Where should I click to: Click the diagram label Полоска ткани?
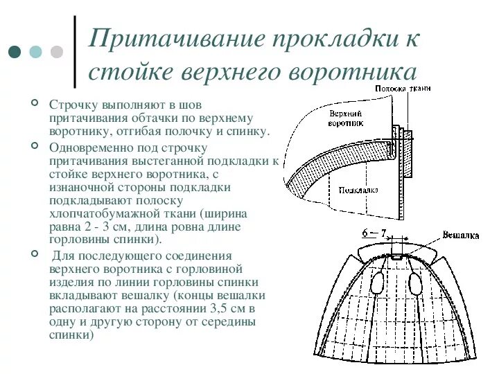click(403, 89)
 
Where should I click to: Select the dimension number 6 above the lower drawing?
click(365, 234)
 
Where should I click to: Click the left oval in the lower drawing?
click(377, 284)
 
